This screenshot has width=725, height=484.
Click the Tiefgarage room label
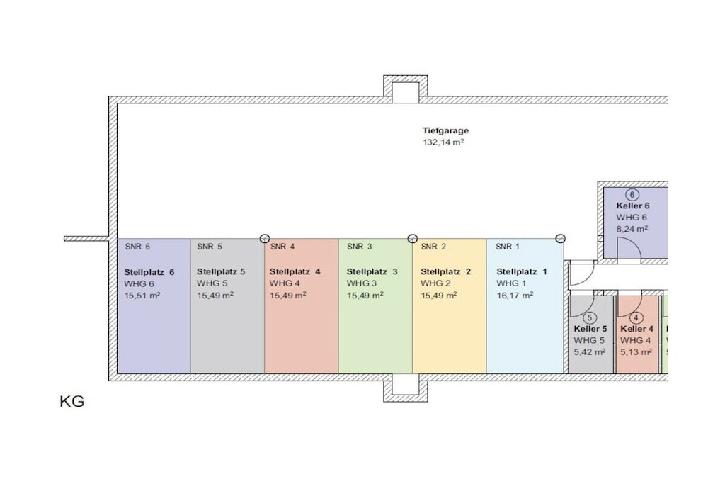(x=445, y=131)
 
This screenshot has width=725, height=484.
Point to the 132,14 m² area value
(x=443, y=142)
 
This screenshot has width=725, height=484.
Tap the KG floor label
(x=72, y=401)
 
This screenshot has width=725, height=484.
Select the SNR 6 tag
(x=137, y=247)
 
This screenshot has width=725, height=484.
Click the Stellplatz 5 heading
(x=221, y=271)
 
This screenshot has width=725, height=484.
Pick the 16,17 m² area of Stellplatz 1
(x=515, y=295)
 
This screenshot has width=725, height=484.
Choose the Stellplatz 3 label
(x=372, y=271)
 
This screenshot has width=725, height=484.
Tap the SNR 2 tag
(x=433, y=247)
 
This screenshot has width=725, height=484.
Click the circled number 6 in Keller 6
(x=632, y=195)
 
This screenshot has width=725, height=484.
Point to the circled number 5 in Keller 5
(x=590, y=318)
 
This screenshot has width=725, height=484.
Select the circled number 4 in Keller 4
(x=636, y=318)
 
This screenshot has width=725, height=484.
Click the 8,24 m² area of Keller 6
(x=632, y=229)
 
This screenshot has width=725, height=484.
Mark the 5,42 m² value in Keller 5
(x=589, y=351)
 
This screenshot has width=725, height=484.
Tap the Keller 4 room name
(x=636, y=329)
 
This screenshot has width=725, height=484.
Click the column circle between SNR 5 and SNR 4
(x=265, y=239)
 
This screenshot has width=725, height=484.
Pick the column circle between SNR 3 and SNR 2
(x=413, y=239)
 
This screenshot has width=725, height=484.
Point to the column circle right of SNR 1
(x=560, y=239)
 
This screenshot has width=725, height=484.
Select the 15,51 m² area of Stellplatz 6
(x=142, y=296)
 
